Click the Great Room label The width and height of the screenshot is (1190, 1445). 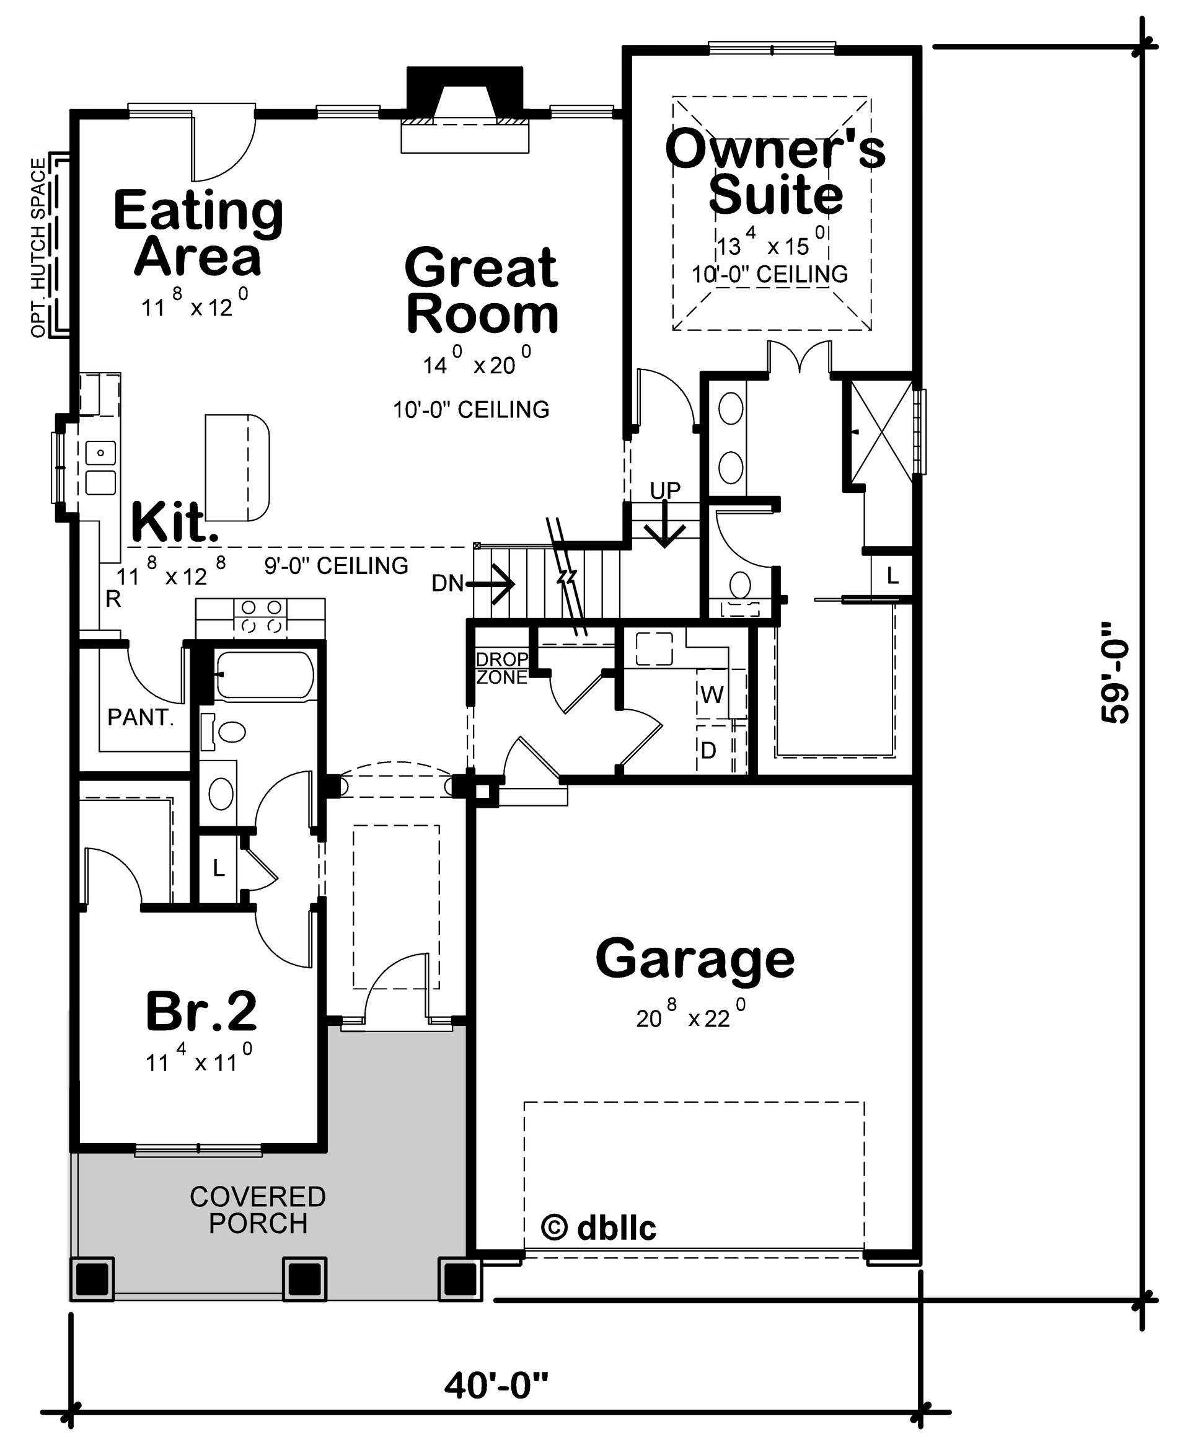[482, 291]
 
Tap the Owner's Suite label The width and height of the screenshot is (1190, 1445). [775, 171]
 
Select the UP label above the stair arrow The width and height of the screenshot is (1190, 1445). [665, 490]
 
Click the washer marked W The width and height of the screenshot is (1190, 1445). [712, 695]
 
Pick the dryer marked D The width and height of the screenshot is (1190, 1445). [708, 750]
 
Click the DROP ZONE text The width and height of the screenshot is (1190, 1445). [502, 668]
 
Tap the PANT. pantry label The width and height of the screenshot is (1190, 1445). [140, 718]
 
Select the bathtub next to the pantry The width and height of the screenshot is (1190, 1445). [265, 675]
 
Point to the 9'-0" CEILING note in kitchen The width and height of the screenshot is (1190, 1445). [336, 565]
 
